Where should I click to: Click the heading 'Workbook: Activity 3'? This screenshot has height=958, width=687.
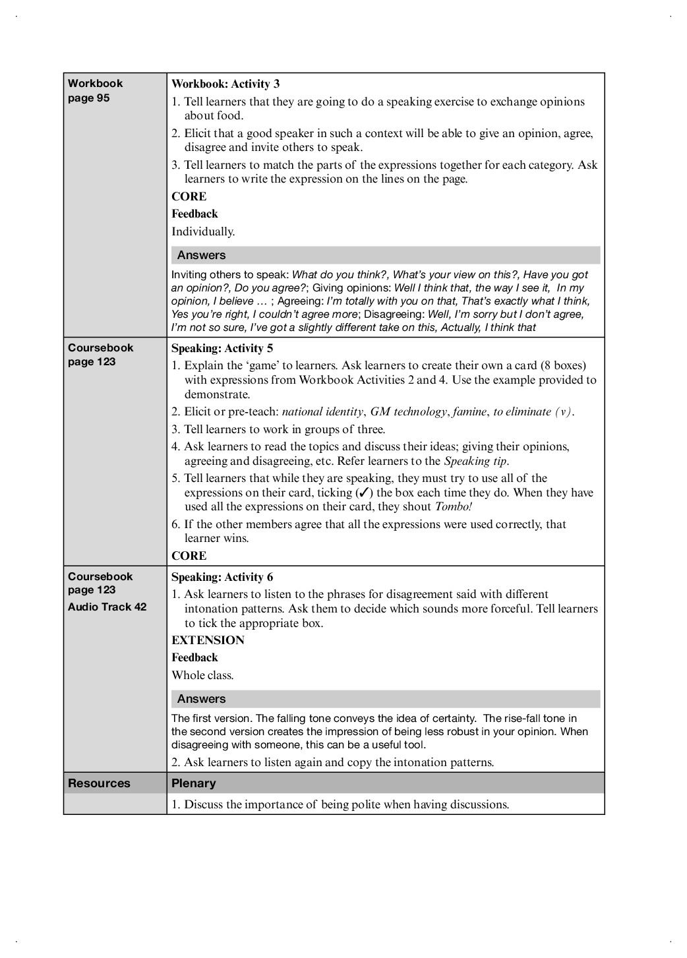click(225, 84)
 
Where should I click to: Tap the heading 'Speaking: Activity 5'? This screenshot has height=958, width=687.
click(222, 348)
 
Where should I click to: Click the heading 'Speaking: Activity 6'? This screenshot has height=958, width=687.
click(222, 577)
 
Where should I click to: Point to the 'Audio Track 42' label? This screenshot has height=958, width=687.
click(107, 607)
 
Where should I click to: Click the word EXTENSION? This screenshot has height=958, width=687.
click(208, 640)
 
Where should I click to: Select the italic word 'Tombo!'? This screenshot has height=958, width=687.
click(454, 507)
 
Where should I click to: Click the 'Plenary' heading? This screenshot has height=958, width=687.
click(193, 783)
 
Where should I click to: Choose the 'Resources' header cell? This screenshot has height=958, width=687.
click(99, 783)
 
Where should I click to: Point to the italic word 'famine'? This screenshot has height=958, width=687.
click(469, 411)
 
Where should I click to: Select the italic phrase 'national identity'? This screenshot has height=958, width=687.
click(322, 411)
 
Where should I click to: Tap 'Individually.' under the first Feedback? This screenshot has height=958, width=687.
click(203, 231)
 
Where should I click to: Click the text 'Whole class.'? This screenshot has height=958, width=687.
click(202, 675)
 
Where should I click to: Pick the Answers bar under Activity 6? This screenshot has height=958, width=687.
click(386, 699)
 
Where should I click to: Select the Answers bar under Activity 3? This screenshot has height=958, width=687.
click(386, 255)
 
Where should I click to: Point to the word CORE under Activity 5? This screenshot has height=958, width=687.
click(189, 556)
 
